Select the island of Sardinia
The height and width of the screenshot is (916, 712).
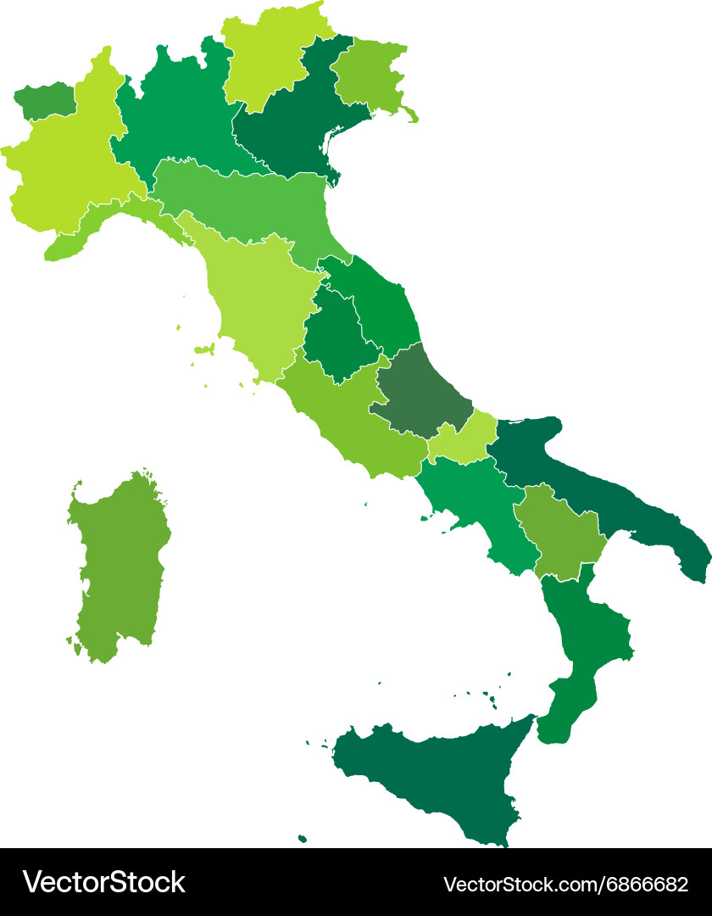click(119, 564)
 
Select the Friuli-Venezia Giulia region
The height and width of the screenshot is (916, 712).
click(369, 76)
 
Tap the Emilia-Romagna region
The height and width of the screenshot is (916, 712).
click(246, 204)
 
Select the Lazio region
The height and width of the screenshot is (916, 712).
click(348, 416)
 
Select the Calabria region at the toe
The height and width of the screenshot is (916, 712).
click(585, 645)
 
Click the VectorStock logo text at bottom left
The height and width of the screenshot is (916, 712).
click(103, 882)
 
